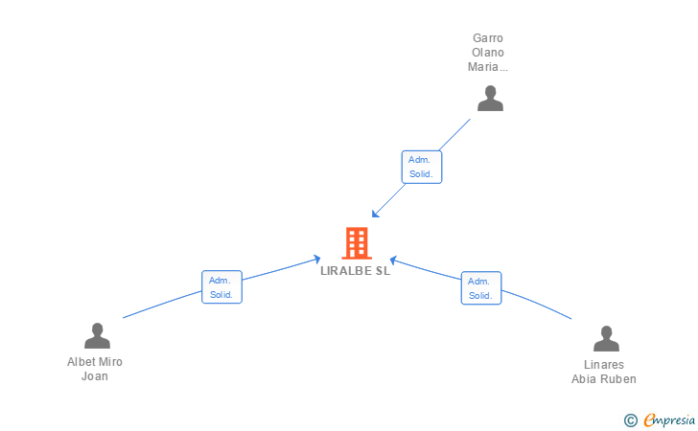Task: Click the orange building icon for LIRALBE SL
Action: (357, 243)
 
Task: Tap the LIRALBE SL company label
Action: (356, 271)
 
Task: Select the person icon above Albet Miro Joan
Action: (97, 336)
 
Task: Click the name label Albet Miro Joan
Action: (95, 369)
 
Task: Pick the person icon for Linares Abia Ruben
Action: (606, 339)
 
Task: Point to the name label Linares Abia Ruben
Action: (604, 372)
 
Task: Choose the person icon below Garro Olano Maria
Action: (490, 99)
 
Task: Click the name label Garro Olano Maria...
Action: (487, 53)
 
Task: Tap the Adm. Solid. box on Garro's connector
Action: (421, 167)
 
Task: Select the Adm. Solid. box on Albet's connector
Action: (221, 287)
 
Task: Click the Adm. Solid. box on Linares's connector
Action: (480, 288)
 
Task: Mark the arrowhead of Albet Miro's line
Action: (317, 258)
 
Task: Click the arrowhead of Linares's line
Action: (393, 259)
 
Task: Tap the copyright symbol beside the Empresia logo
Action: (630, 420)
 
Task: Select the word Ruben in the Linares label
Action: (618, 378)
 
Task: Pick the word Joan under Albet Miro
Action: (95, 376)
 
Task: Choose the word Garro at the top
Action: (487, 38)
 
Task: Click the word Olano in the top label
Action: (487, 53)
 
